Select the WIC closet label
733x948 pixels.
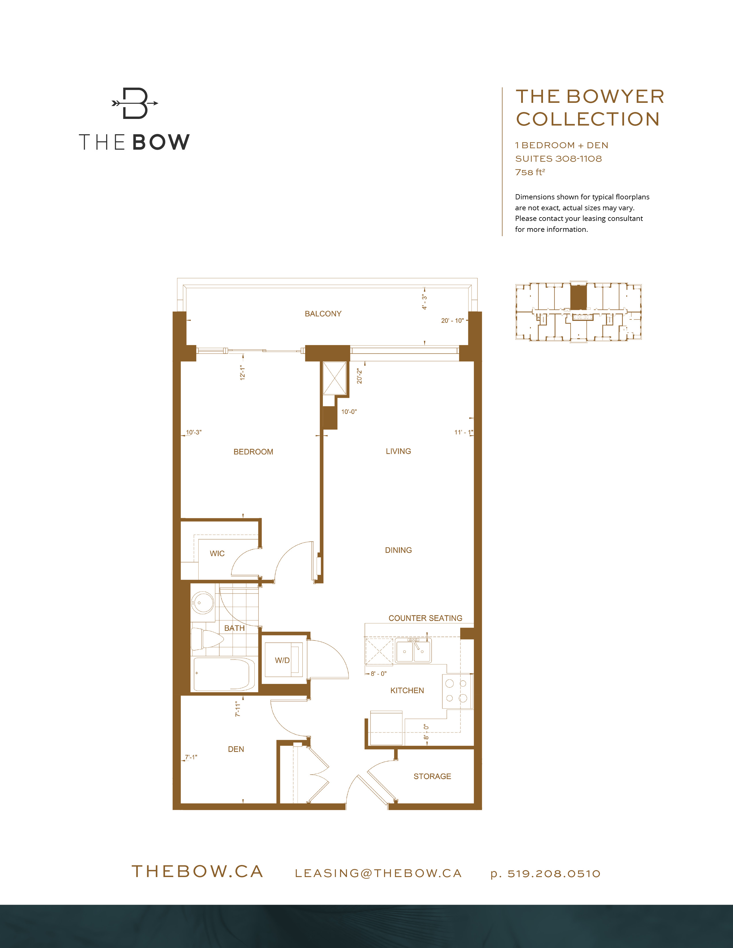point(217,554)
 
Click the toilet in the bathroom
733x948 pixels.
point(206,639)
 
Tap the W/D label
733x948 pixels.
point(282,660)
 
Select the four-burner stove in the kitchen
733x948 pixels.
point(456,691)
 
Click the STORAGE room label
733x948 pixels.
point(432,776)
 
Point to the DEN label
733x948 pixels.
point(236,749)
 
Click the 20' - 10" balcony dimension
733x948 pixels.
point(452,321)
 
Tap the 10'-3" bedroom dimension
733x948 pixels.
point(194,432)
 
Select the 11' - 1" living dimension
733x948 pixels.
point(463,432)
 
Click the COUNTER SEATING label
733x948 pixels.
point(425,618)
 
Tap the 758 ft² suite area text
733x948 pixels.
point(530,172)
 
